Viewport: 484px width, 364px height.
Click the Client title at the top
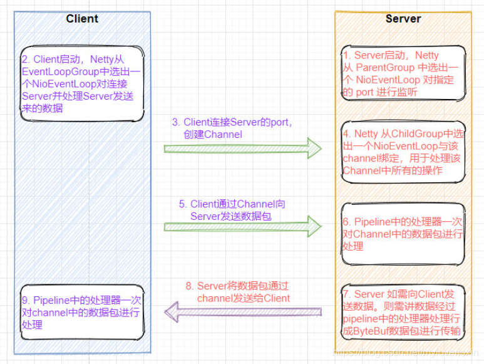tap(82, 19)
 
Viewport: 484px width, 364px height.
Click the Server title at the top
tap(403, 19)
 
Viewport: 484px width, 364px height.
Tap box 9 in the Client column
tap(82, 312)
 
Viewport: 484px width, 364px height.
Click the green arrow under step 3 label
tap(243, 148)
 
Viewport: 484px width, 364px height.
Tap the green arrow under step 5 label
tap(243, 225)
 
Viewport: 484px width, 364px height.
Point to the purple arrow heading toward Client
tap(243, 311)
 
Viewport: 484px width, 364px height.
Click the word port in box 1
tap(366, 91)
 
